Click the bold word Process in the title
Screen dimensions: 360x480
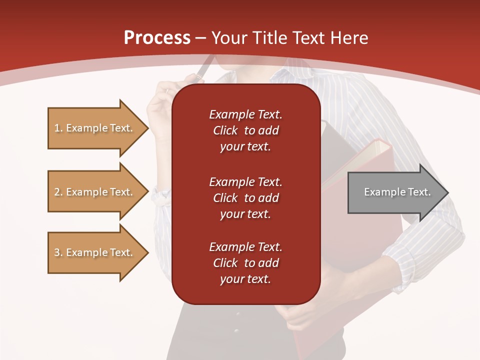(157, 38)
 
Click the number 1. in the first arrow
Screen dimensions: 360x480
(58, 128)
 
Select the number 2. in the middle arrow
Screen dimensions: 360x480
(58, 192)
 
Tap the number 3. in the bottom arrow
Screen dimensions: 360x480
(58, 253)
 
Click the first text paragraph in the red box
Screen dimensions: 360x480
(245, 130)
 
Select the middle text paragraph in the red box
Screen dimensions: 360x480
(245, 197)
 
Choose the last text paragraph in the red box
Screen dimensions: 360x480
(245, 263)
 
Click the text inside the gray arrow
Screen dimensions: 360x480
(397, 192)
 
